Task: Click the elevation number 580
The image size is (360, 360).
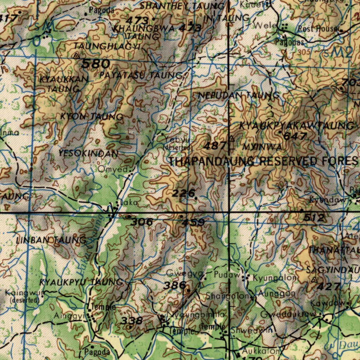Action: (95, 64)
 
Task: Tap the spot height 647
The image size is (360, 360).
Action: (295, 136)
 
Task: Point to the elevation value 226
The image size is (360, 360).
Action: (184, 193)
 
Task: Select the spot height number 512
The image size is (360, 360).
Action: (314, 218)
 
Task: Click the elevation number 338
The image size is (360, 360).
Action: (132, 320)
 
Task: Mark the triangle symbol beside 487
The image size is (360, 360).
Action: (231, 138)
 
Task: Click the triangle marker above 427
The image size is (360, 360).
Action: (314, 279)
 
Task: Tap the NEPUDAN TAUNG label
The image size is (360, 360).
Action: (239, 95)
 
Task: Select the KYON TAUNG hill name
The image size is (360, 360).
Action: (91, 116)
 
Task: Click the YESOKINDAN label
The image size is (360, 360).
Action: (88, 153)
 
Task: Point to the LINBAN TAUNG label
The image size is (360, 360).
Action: (51, 240)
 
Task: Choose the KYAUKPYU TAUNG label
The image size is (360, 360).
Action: (81, 282)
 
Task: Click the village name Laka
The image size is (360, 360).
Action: (129, 203)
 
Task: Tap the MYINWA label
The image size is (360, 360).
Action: (262, 146)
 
